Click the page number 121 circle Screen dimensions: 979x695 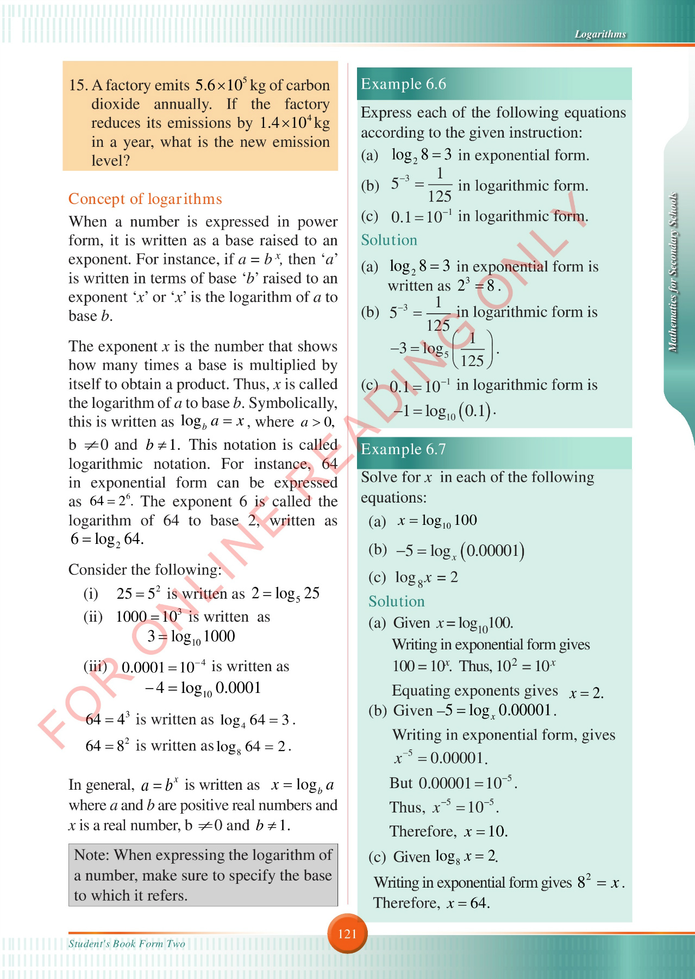click(347, 934)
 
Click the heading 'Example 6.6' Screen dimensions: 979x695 click(403, 84)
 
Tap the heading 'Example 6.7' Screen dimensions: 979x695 click(403, 449)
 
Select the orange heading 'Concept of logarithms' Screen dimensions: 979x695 click(145, 199)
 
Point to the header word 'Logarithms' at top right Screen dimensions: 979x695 click(600, 34)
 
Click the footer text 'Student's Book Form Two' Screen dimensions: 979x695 click(127, 944)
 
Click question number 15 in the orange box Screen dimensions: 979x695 click(78, 85)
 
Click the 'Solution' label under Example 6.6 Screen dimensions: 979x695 click(389, 240)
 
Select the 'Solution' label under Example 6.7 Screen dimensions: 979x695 click(396, 601)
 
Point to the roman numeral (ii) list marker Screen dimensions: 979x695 click(93, 617)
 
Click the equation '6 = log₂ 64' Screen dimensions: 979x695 click(107, 539)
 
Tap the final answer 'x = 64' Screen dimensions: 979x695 click(468, 903)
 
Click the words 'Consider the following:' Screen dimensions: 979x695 click(145, 569)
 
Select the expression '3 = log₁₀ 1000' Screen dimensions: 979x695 click(191, 636)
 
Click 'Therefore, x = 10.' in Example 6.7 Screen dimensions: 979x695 click(448, 832)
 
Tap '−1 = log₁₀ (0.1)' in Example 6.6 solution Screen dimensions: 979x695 click(443, 411)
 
